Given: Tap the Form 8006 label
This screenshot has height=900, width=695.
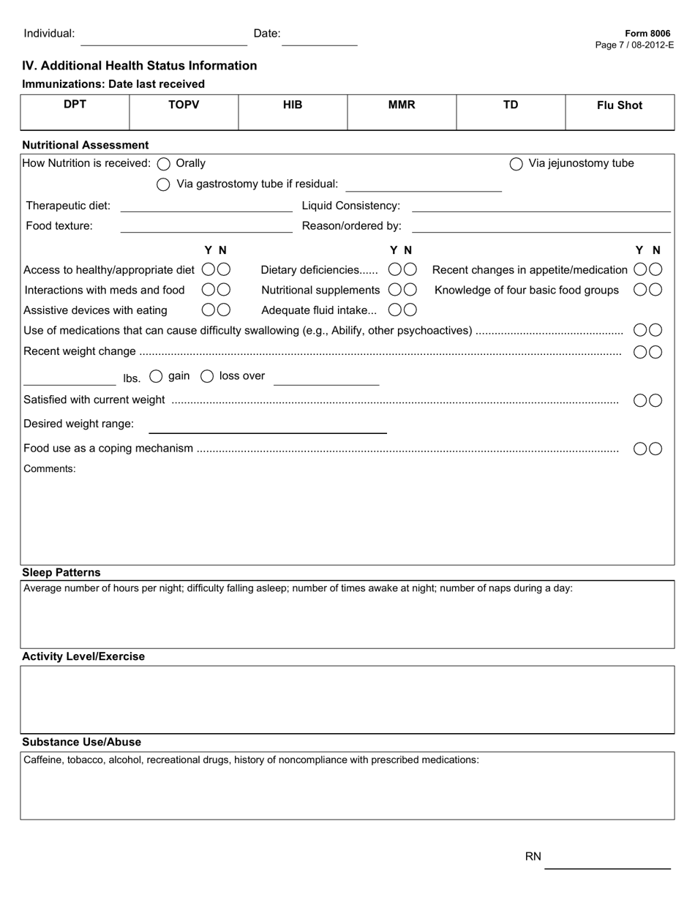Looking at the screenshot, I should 647,34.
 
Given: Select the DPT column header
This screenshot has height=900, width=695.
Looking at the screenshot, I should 75,105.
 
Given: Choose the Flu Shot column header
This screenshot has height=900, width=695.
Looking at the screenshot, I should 619,105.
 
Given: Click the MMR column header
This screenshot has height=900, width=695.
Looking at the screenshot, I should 402,105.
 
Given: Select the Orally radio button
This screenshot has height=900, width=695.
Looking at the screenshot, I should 164,164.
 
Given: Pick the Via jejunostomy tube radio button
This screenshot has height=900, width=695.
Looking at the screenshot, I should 516,164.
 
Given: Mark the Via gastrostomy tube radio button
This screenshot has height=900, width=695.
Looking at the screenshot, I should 164,184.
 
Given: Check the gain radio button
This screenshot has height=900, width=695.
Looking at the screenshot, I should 156,376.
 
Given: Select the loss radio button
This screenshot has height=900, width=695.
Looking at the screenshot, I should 207,376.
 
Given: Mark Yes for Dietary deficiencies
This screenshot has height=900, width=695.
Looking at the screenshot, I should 395,270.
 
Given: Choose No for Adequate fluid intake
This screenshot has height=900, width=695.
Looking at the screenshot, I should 410,310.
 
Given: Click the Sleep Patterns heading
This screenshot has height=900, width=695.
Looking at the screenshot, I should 61,572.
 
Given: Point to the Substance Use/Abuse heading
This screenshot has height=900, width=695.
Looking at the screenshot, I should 81,742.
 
